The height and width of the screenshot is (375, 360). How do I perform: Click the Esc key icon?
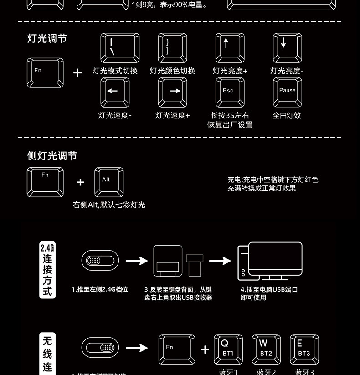[x=230, y=92]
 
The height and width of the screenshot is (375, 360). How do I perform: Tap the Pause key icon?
[x=287, y=92]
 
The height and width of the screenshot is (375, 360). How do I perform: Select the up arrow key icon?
[x=230, y=48]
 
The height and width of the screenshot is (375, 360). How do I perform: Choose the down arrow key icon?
[x=287, y=48]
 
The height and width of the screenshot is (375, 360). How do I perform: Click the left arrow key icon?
[x=114, y=92]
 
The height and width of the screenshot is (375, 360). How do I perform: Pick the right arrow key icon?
[x=172, y=92]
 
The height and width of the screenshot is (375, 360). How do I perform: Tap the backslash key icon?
[x=120, y=48]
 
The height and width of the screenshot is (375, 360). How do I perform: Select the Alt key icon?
[x=109, y=182]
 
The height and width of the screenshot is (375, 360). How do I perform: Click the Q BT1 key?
[x=228, y=349]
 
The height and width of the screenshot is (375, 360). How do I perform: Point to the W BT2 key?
[x=266, y=349]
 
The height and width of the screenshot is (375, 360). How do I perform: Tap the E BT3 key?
[x=304, y=349]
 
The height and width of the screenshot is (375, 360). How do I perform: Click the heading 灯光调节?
[x=47, y=39]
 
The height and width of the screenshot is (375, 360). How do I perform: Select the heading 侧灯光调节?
[x=52, y=156]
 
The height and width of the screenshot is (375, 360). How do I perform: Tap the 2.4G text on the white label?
[x=47, y=248]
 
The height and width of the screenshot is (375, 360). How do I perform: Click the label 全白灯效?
[x=287, y=116]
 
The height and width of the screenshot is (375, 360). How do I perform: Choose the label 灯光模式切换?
[x=115, y=71]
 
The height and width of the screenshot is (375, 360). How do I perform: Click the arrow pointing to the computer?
[x=220, y=261]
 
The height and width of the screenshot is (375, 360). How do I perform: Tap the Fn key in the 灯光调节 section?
[x=45, y=73]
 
